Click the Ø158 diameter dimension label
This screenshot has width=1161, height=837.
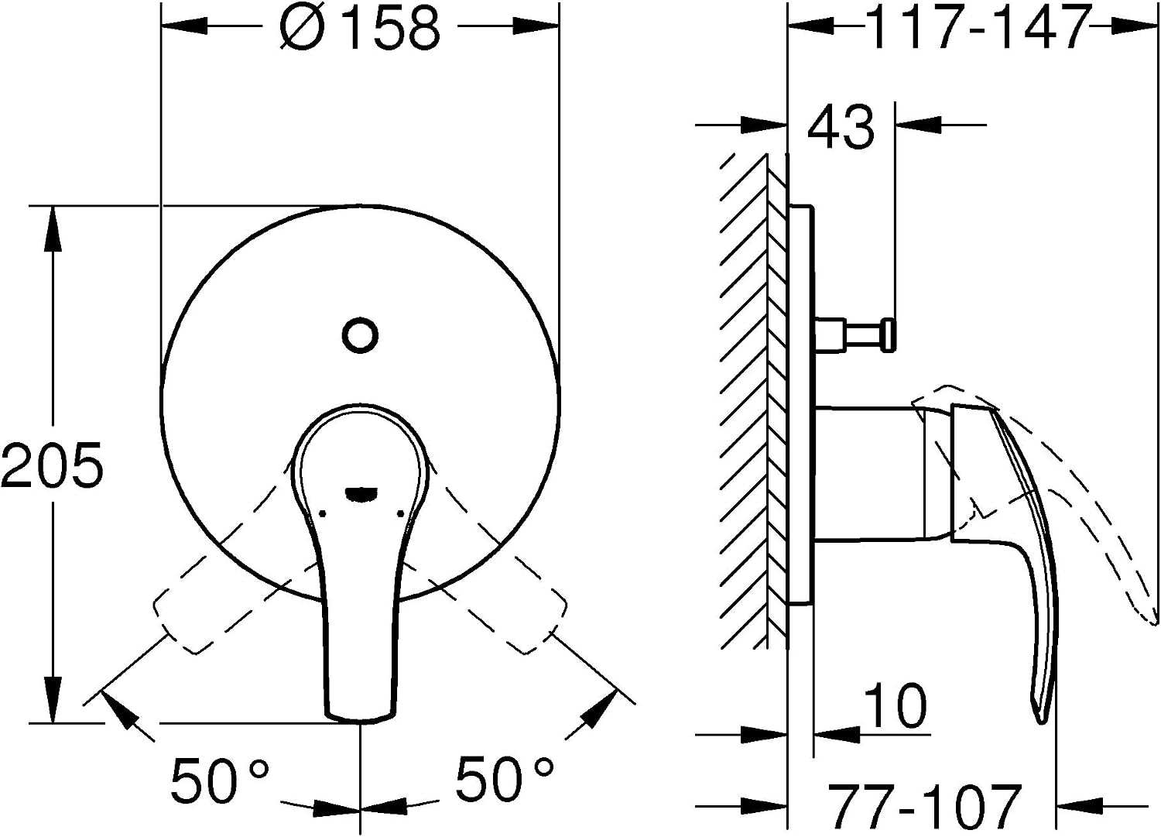coord(359,27)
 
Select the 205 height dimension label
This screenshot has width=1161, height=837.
coord(52,464)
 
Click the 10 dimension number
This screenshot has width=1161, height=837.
coord(896,706)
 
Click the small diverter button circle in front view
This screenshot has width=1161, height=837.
coord(360,335)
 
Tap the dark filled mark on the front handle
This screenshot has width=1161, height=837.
coord(361,495)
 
